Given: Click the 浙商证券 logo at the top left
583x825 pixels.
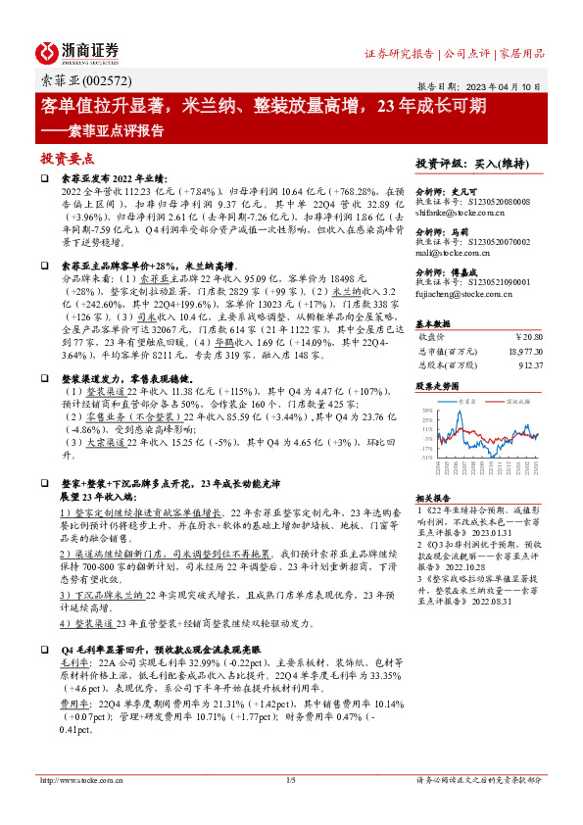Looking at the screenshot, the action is point(77,52).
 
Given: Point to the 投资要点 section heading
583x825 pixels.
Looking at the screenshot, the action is point(68,157).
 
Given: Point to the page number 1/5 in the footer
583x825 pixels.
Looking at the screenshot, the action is point(290,780).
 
